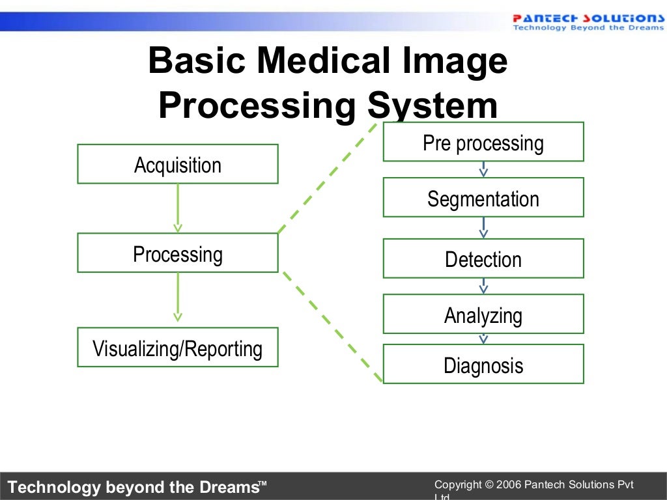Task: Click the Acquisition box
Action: pyautogui.click(x=178, y=164)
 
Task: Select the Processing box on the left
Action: pyautogui.click(x=178, y=253)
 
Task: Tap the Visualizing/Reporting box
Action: pyautogui.click(x=178, y=348)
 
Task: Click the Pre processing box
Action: pyautogui.click(x=483, y=142)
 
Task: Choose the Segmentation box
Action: pyautogui.click(x=483, y=198)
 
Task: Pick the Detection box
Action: pyautogui.click(x=483, y=258)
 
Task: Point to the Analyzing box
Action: pyautogui.click(x=483, y=314)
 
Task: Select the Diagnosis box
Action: pyautogui.click(x=483, y=365)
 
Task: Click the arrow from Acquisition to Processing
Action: pyautogui.click(x=178, y=208)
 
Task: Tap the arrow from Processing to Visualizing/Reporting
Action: pyautogui.click(x=178, y=297)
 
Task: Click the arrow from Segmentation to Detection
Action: pyautogui.click(x=483, y=227)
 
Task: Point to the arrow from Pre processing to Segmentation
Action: pyautogui.click(x=483, y=169)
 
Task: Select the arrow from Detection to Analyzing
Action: pyautogui.click(x=483, y=286)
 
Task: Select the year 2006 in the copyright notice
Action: pyautogui.click(x=509, y=484)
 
